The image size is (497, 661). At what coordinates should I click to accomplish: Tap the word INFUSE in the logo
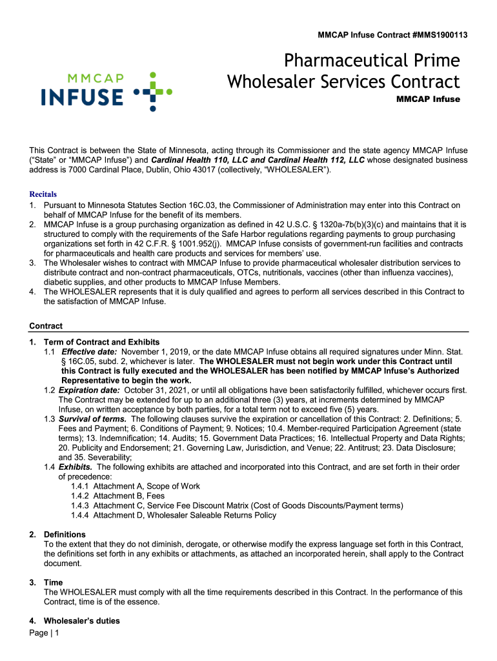pos(82,97)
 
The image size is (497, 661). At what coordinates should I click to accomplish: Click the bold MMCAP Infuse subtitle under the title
pos(427,99)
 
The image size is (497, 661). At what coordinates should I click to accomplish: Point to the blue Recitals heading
pos(43,194)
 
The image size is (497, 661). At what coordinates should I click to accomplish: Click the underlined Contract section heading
pos(46,326)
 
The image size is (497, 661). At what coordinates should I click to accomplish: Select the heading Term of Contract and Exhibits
pos(101,342)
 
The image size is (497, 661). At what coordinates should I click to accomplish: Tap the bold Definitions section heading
pos(65,534)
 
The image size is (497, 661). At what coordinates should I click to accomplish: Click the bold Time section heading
pos(53,582)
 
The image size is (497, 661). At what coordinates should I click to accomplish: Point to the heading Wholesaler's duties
pos(81,621)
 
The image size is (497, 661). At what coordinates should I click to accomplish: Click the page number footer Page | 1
pos(45,633)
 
